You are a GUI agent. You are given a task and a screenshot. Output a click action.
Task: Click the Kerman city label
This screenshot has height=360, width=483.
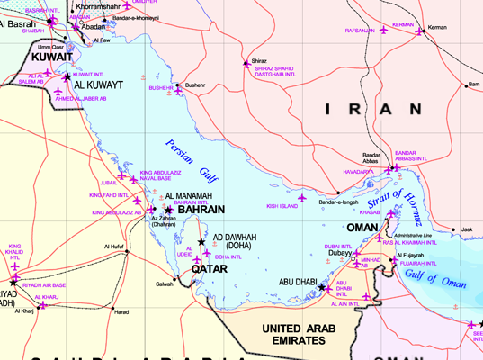pos(437,27)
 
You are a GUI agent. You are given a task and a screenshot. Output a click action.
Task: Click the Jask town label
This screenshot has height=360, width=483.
pos(466,229)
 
